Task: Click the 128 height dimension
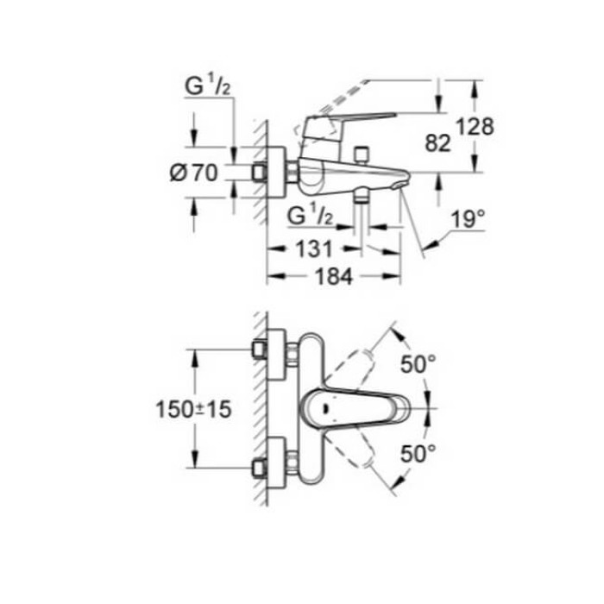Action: (x=475, y=127)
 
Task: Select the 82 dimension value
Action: (x=438, y=143)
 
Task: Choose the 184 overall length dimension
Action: (x=332, y=277)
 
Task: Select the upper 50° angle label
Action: (x=418, y=365)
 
